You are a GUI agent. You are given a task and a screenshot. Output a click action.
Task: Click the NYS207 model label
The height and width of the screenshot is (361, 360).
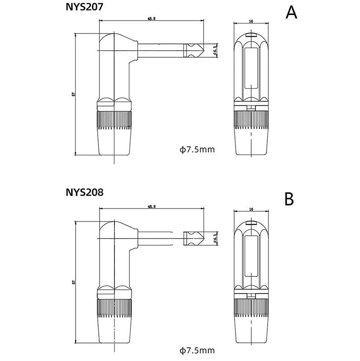click(85, 7)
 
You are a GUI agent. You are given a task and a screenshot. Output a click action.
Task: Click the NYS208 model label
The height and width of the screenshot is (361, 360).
click(85, 192)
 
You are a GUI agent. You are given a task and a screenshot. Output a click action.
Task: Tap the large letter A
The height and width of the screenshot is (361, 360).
click(292, 13)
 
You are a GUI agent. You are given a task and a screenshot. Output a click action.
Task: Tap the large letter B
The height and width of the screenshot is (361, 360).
click(289, 199)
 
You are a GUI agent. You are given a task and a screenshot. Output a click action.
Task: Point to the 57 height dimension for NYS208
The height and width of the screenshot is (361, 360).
click(73, 282)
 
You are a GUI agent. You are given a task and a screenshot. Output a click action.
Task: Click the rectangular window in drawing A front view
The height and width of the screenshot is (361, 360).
click(250, 68)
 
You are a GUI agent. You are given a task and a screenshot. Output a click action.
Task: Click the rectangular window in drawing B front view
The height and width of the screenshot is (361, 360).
click(250, 256)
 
